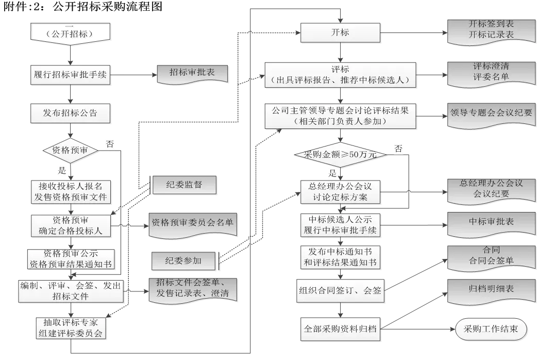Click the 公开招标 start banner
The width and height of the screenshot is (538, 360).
[x=70, y=34]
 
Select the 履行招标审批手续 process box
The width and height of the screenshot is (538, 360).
[x=70, y=74]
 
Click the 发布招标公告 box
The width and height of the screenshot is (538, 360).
[x=70, y=112]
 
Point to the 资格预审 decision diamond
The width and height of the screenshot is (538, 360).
[x=70, y=151]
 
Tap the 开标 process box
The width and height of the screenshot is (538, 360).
[x=340, y=32]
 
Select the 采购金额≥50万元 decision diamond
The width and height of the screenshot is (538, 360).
[x=341, y=154]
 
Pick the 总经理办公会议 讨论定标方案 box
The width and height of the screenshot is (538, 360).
[x=340, y=191]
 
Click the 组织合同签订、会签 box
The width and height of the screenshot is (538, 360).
[x=340, y=290]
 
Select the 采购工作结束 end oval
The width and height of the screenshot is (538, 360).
[x=491, y=329]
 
